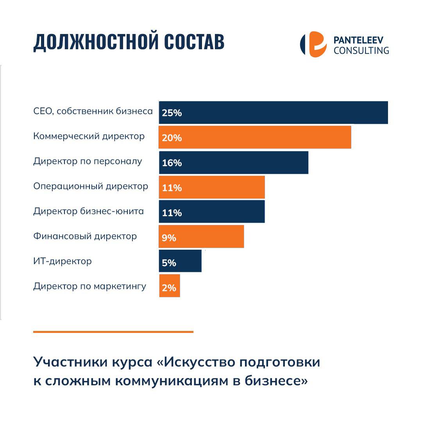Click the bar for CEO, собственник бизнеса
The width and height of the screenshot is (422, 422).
[x=274, y=113]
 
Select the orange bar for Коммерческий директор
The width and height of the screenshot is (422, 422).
[x=255, y=137]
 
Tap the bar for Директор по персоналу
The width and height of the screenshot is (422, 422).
[x=234, y=162]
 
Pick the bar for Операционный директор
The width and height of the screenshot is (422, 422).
[x=212, y=187]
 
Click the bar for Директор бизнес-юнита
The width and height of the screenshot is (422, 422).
[x=212, y=212]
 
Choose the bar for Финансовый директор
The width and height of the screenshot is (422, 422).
[x=201, y=236]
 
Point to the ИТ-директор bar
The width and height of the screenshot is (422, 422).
[x=181, y=261]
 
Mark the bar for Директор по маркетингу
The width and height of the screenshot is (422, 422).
[x=170, y=286]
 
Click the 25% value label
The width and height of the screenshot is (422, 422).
[x=172, y=113]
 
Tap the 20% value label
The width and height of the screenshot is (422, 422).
[x=172, y=138]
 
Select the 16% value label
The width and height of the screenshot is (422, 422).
[x=172, y=163]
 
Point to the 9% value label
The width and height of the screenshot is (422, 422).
[x=169, y=238]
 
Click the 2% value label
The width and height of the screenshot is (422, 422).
[x=169, y=288]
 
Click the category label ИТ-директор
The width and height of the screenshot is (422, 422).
[x=63, y=261]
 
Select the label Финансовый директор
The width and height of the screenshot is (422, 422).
[x=85, y=236]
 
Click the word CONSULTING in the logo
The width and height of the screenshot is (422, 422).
[x=361, y=50]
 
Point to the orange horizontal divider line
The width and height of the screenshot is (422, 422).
[x=113, y=332]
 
